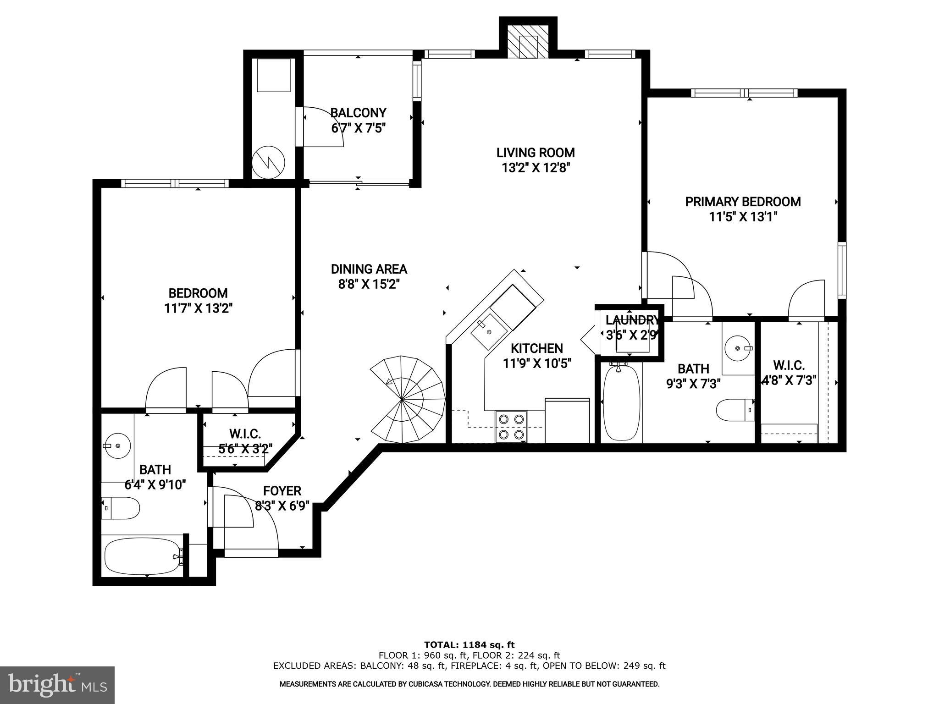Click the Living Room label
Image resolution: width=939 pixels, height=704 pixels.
click(536, 152)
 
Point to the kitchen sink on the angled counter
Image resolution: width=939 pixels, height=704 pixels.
click(489, 329)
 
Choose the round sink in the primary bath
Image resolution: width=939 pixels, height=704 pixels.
click(738, 348)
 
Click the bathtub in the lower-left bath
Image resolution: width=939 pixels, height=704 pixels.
click(143, 555)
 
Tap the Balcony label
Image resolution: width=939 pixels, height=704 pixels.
click(358, 112)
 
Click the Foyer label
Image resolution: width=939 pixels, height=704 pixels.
click(282, 491)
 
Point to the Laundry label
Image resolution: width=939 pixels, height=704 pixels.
click(632, 320)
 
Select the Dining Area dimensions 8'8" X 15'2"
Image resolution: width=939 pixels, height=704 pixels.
click(369, 284)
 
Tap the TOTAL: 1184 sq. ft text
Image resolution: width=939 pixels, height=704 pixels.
click(469, 645)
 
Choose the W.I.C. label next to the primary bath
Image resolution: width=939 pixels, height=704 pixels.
click(789, 365)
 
